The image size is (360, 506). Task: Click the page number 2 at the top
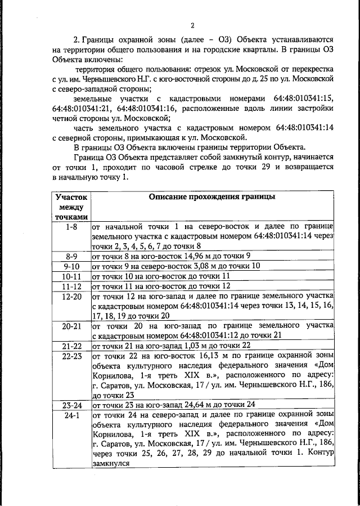click(192, 25)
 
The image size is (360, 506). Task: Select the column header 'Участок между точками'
click(71, 207)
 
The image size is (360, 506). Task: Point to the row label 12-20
click(71, 296)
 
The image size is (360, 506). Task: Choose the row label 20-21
click(71, 326)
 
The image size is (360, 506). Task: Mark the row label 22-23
click(71, 356)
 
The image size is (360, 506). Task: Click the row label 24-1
click(71, 415)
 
